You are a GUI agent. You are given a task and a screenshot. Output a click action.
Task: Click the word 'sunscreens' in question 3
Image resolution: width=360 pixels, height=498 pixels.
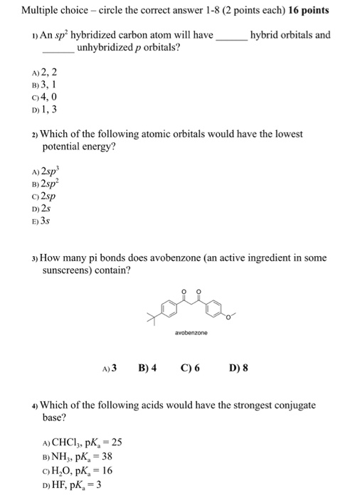pyautogui.click(x=68, y=271)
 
